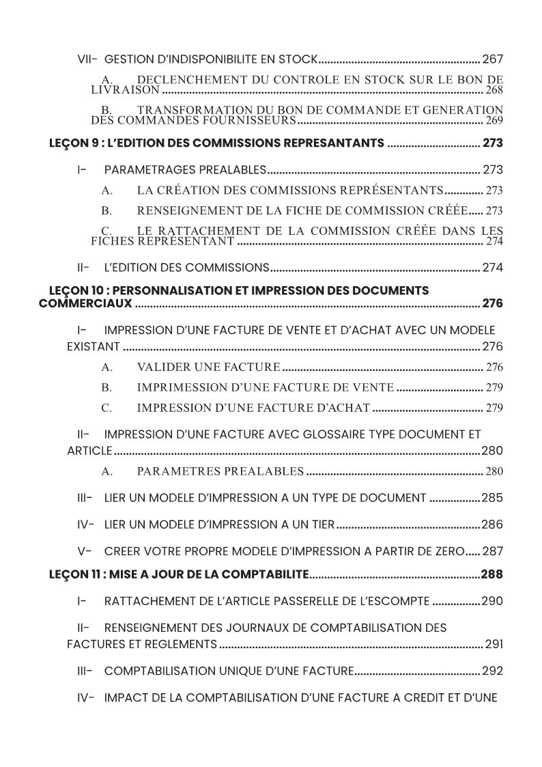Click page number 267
coord(492,59)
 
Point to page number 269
coord(494,120)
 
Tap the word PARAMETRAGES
coord(149,170)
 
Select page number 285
coord(492,498)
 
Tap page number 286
coord(492,525)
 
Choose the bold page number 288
coord(491,574)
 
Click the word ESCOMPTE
coord(394,601)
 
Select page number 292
coord(492,671)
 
